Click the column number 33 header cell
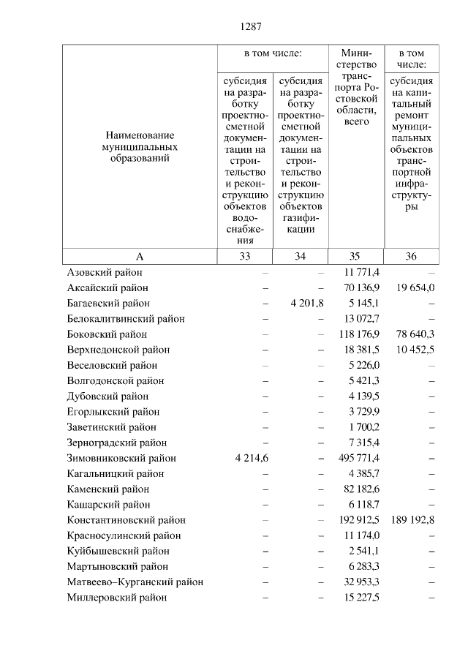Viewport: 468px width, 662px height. tap(244, 256)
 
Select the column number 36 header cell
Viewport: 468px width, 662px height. tap(412, 256)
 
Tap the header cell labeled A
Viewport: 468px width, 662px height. tap(139, 256)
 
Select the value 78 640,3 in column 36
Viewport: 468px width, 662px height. tap(415, 334)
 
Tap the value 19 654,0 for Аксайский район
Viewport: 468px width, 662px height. tap(415, 287)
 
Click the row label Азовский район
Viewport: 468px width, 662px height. tap(104, 272)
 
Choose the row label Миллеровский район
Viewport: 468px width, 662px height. tap(116, 598)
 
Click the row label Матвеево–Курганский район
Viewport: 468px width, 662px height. tap(135, 582)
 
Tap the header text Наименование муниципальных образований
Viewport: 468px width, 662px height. tap(139, 146)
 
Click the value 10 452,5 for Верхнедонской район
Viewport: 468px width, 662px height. tap(415, 350)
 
